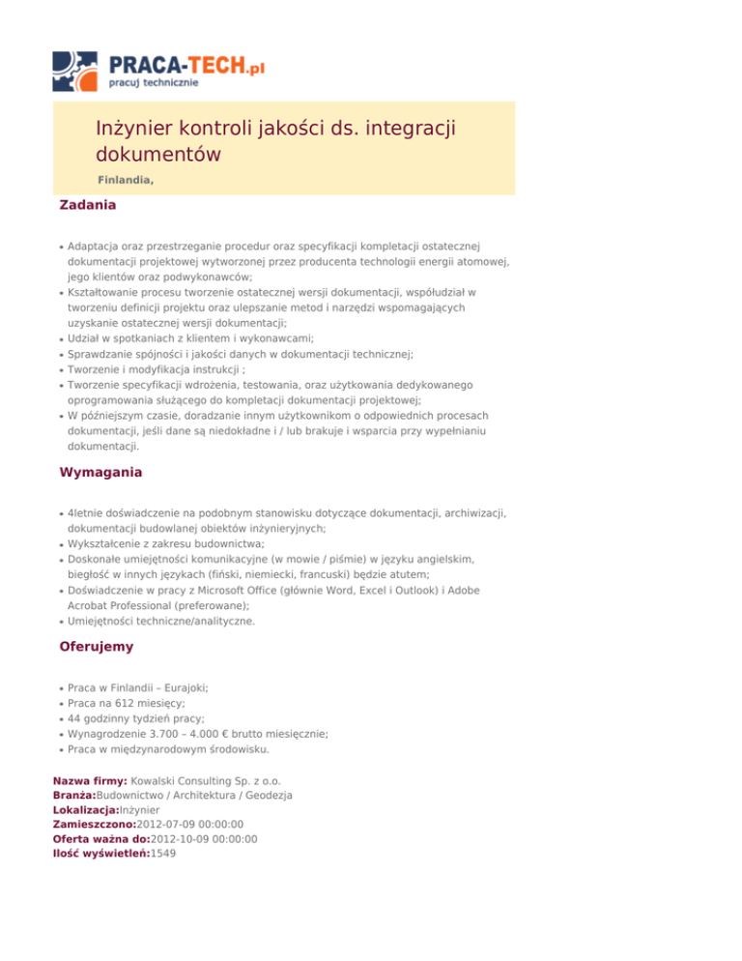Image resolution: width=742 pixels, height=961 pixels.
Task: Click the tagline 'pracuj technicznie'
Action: [x=155, y=84]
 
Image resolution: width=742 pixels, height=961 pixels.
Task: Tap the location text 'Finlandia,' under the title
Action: [x=126, y=180]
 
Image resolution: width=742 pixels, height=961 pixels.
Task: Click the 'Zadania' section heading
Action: [x=88, y=206]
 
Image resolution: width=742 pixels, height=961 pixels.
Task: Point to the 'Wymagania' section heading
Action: [x=100, y=473]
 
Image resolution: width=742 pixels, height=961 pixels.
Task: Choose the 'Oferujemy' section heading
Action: [x=97, y=646]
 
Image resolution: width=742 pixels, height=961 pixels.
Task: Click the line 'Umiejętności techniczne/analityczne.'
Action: [x=161, y=622]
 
